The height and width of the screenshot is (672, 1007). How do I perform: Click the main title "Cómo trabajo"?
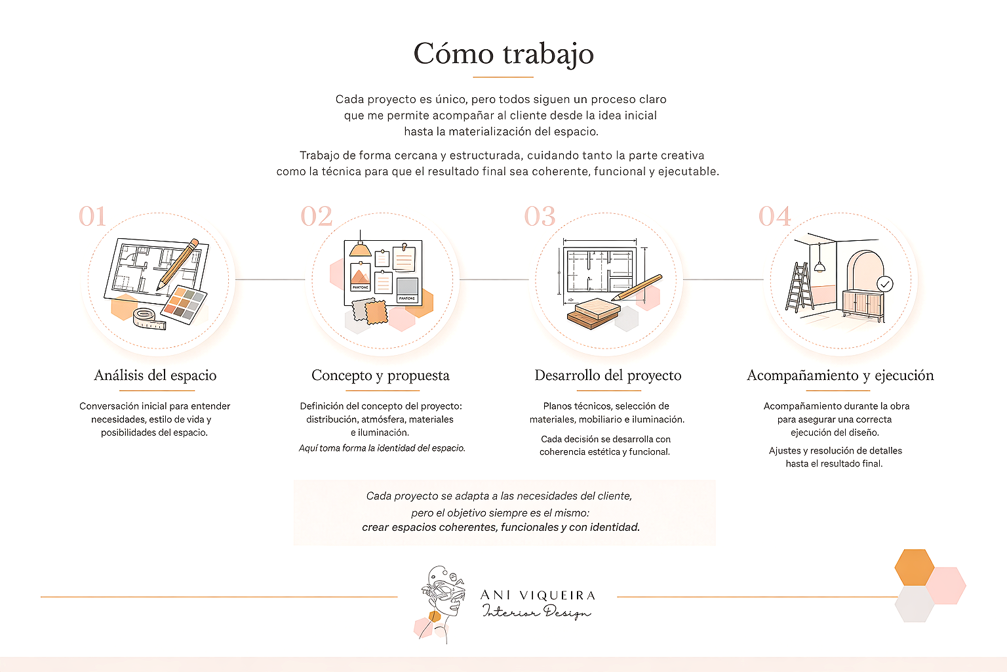503,54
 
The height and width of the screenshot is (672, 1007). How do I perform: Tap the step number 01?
92,217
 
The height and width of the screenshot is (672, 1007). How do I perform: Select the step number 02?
317,217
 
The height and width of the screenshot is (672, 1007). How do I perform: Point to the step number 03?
540,217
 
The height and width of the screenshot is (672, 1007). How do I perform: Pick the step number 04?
775,217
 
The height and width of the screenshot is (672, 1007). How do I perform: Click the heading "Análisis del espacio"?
155,375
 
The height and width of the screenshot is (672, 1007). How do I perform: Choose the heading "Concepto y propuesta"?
380,375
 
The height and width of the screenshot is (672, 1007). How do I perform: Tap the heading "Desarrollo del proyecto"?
608,375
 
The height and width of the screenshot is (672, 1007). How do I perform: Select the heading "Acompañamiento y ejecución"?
840,375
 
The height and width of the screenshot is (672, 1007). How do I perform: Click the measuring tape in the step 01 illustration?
148,318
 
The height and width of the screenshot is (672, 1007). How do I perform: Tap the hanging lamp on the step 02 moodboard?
360,248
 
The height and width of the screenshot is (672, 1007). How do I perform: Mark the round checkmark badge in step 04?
885,283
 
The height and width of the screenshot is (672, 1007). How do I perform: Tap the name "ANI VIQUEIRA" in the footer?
538,595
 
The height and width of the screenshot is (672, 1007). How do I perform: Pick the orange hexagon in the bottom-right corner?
914,567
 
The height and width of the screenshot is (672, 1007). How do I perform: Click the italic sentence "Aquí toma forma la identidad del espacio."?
382,448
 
